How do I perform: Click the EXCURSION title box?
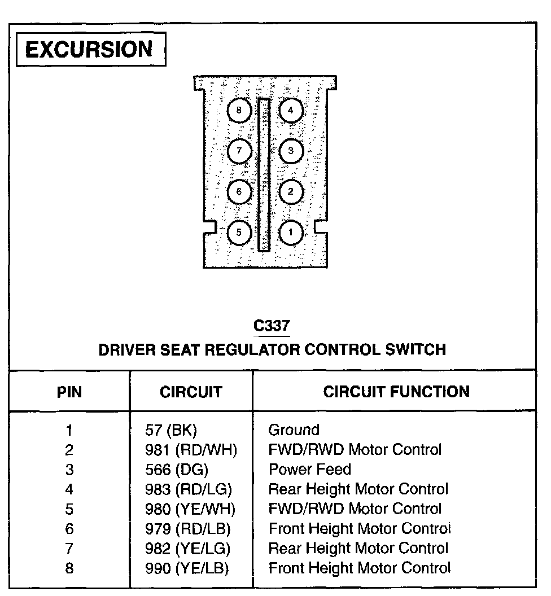coord(90,50)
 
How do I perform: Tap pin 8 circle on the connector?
coord(239,111)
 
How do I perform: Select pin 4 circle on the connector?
coord(291,111)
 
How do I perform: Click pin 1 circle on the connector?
coord(291,232)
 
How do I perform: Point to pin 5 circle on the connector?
coord(239,232)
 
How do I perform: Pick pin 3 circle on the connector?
coord(291,151)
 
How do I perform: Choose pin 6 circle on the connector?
coord(239,192)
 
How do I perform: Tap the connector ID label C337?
coord(272,326)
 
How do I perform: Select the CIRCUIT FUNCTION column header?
coord(396,392)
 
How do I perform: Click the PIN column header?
coord(69,392)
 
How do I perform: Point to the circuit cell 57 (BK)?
coord(171,431)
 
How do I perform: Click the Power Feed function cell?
coord(309,470)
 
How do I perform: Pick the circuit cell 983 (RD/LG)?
coord(189,489)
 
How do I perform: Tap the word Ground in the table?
coord(294,431)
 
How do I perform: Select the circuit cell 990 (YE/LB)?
coord(187,568)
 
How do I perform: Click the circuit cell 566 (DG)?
coord(177,470)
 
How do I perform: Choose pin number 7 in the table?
coord(69,549)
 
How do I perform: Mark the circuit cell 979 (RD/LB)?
coord(188,529)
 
